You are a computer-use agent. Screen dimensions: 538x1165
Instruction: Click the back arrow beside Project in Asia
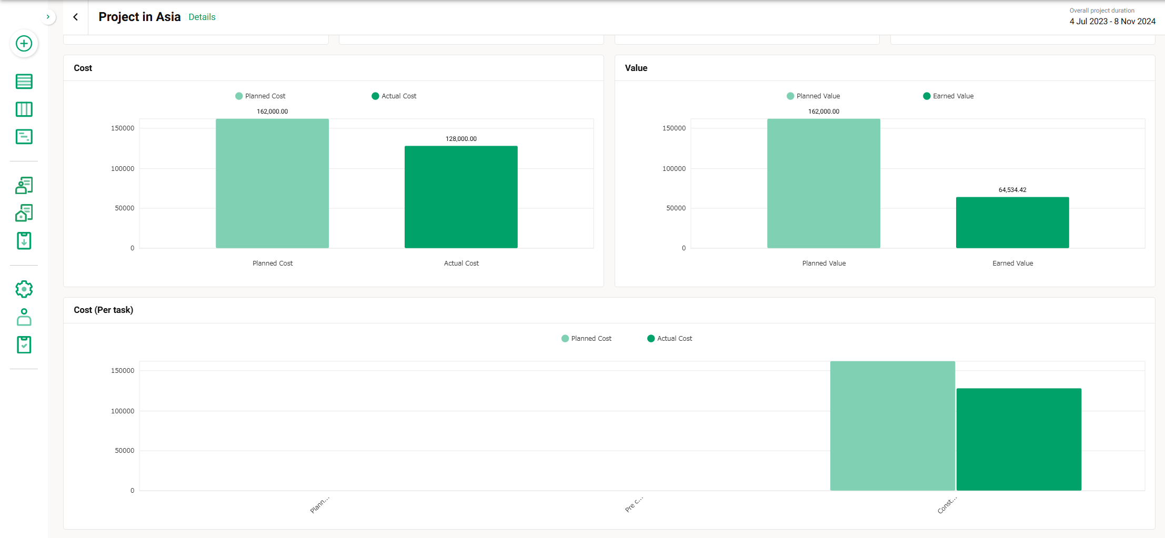click(76, 17)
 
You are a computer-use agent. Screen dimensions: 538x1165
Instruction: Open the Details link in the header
click(202, 17)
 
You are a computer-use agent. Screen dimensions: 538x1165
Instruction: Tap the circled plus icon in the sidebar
click(24, 44)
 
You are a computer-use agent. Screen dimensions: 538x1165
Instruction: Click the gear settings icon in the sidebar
click(24, 289)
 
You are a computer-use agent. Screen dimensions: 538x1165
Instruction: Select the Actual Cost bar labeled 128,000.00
click(461, 197)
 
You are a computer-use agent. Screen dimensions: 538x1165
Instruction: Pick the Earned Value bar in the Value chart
click(1012, 222)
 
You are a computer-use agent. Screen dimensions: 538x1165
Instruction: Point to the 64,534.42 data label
click(1012, 190)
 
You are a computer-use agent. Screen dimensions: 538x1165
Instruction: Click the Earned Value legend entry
click(948, 96)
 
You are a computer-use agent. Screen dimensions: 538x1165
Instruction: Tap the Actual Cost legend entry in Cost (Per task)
click(670, 339)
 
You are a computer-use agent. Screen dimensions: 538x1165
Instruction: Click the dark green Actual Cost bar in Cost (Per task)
click(1019, 439)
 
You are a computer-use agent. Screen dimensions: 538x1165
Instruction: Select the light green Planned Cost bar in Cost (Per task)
click(892, 425)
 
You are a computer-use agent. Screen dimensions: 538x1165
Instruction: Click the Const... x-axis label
click(947, 505)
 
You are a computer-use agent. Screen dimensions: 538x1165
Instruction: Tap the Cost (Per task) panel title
click(104, 310)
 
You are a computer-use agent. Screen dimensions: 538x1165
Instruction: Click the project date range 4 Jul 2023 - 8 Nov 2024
click(1112, 22)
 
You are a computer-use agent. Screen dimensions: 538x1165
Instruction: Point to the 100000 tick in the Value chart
click(674, 169)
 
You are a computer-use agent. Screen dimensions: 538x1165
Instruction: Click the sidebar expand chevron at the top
click(48, 17)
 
